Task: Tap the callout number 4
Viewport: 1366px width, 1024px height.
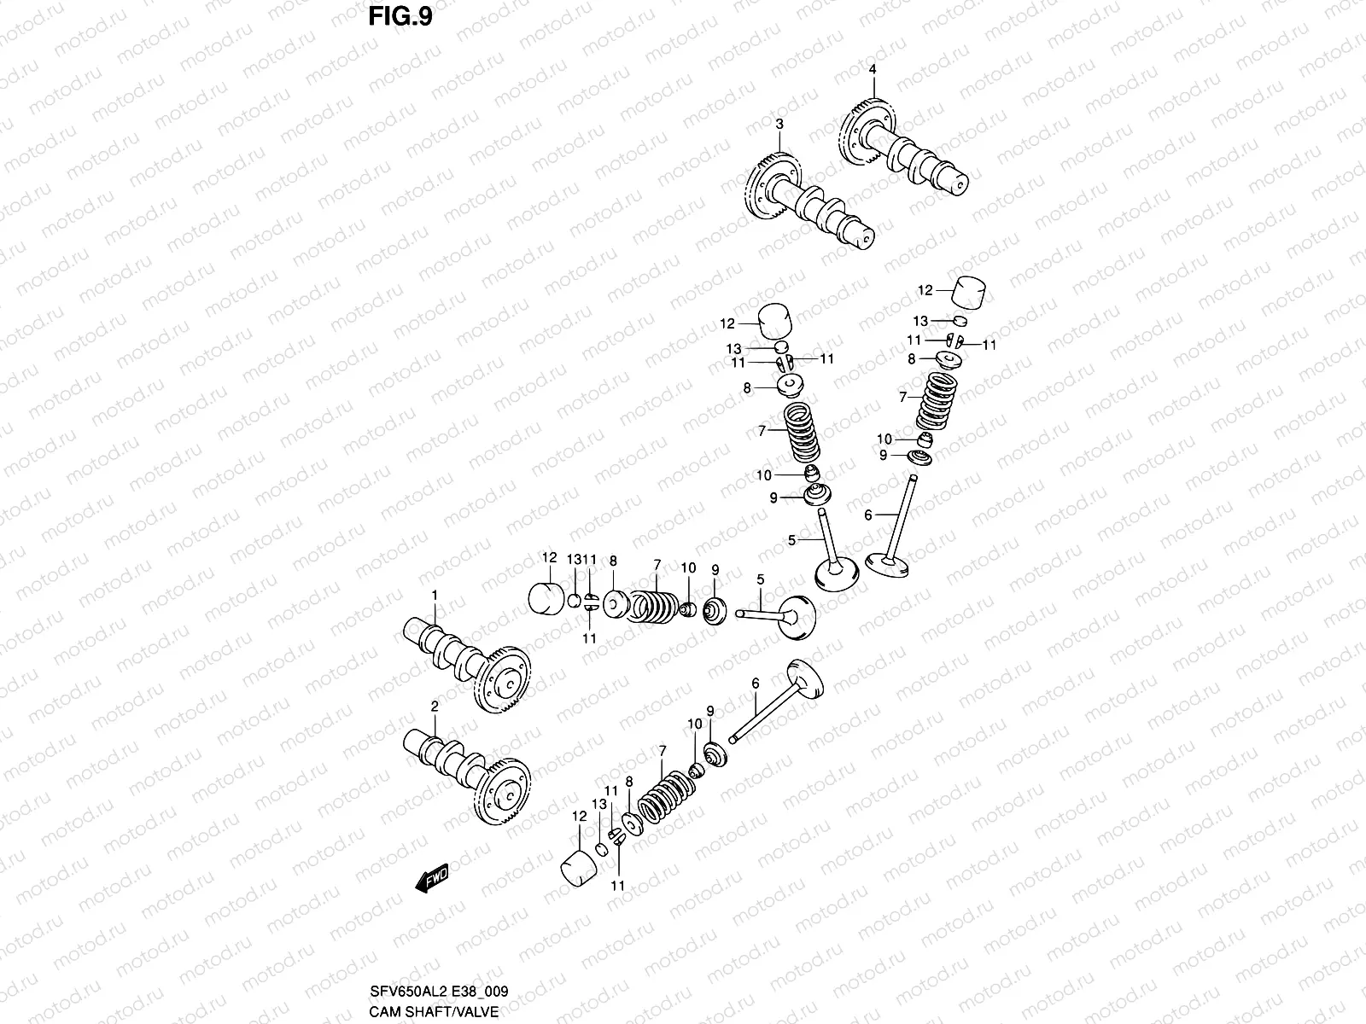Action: coord(873,69)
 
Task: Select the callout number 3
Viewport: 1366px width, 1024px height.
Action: coord(779,125)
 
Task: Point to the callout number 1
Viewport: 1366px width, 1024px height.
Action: coord(434,595)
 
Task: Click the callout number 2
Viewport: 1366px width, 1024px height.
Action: coord(434,707)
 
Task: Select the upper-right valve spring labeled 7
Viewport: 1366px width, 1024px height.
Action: coord(936,399)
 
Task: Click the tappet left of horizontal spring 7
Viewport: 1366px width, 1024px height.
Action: coord(545,597)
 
